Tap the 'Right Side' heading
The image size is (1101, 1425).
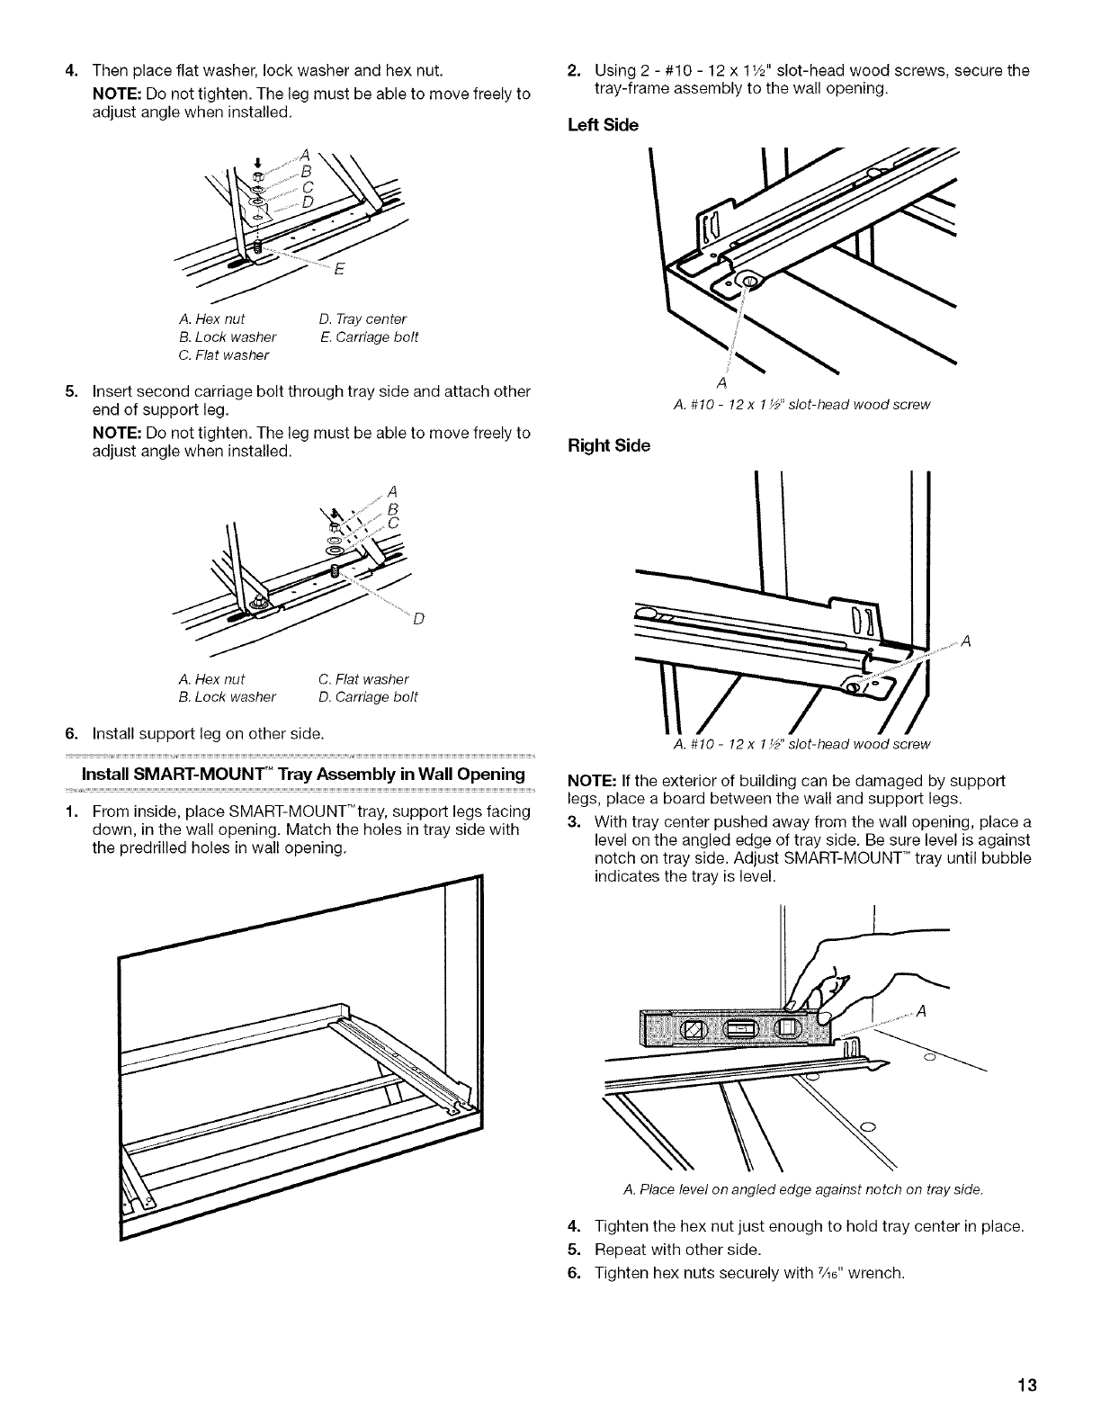point(609,444)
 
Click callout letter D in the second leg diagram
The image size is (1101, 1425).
point(417,620)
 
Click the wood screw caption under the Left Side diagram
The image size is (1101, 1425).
point(795,404)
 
